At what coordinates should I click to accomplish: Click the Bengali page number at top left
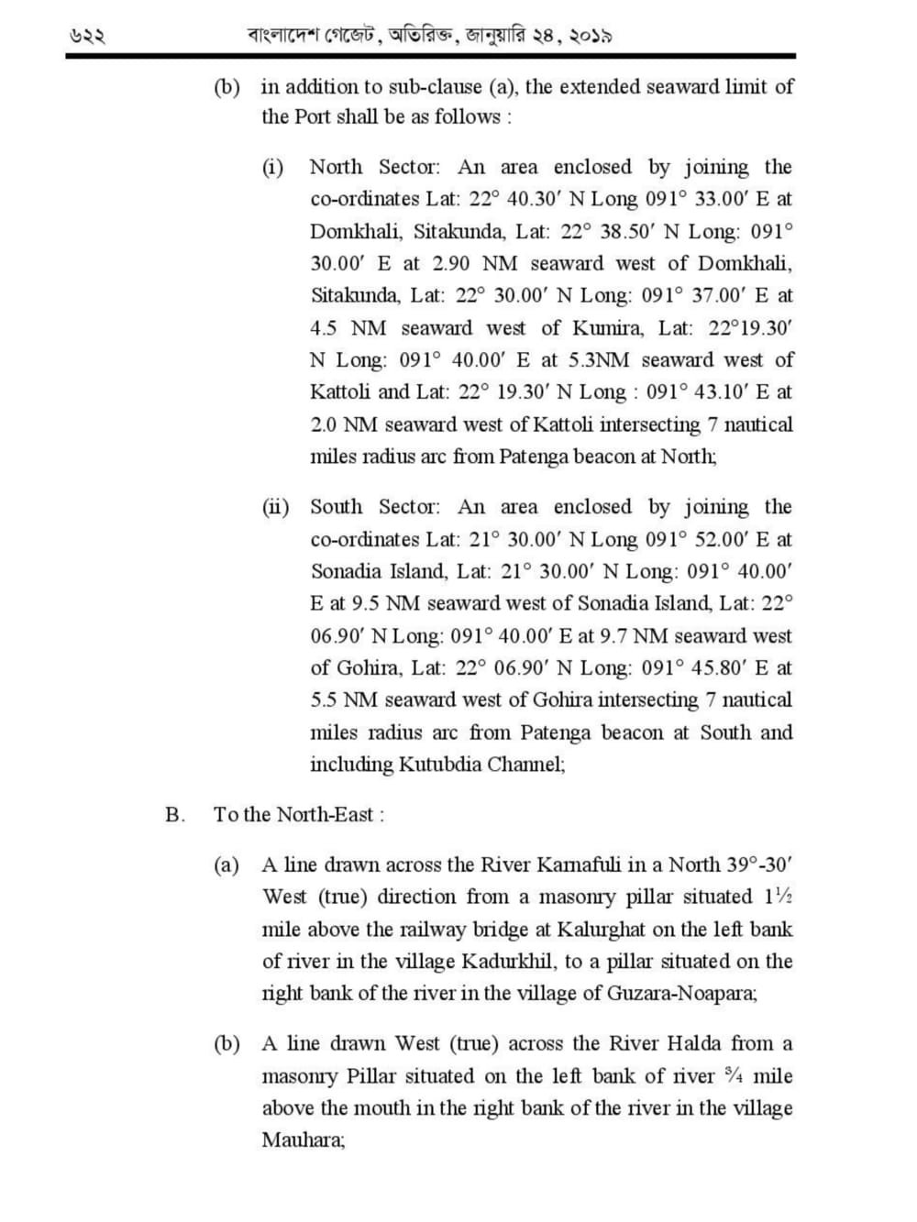click(x=88, y=38)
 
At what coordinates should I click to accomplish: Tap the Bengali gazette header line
click(x=430, y=37)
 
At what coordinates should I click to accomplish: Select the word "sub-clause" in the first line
click(x=434, y=87)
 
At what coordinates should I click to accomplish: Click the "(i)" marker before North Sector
click(x=272, y=167)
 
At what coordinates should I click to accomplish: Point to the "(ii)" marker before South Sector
click(x=275, y=507)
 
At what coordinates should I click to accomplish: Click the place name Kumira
click(x=608, y=327)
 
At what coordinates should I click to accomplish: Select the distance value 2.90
click(x=450, y=263)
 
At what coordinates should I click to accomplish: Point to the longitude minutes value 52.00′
click(x=721, y=539)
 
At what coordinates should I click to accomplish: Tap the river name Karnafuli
click(x=584, y=864)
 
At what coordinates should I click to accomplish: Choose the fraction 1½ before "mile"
click(x=772, y=897)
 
